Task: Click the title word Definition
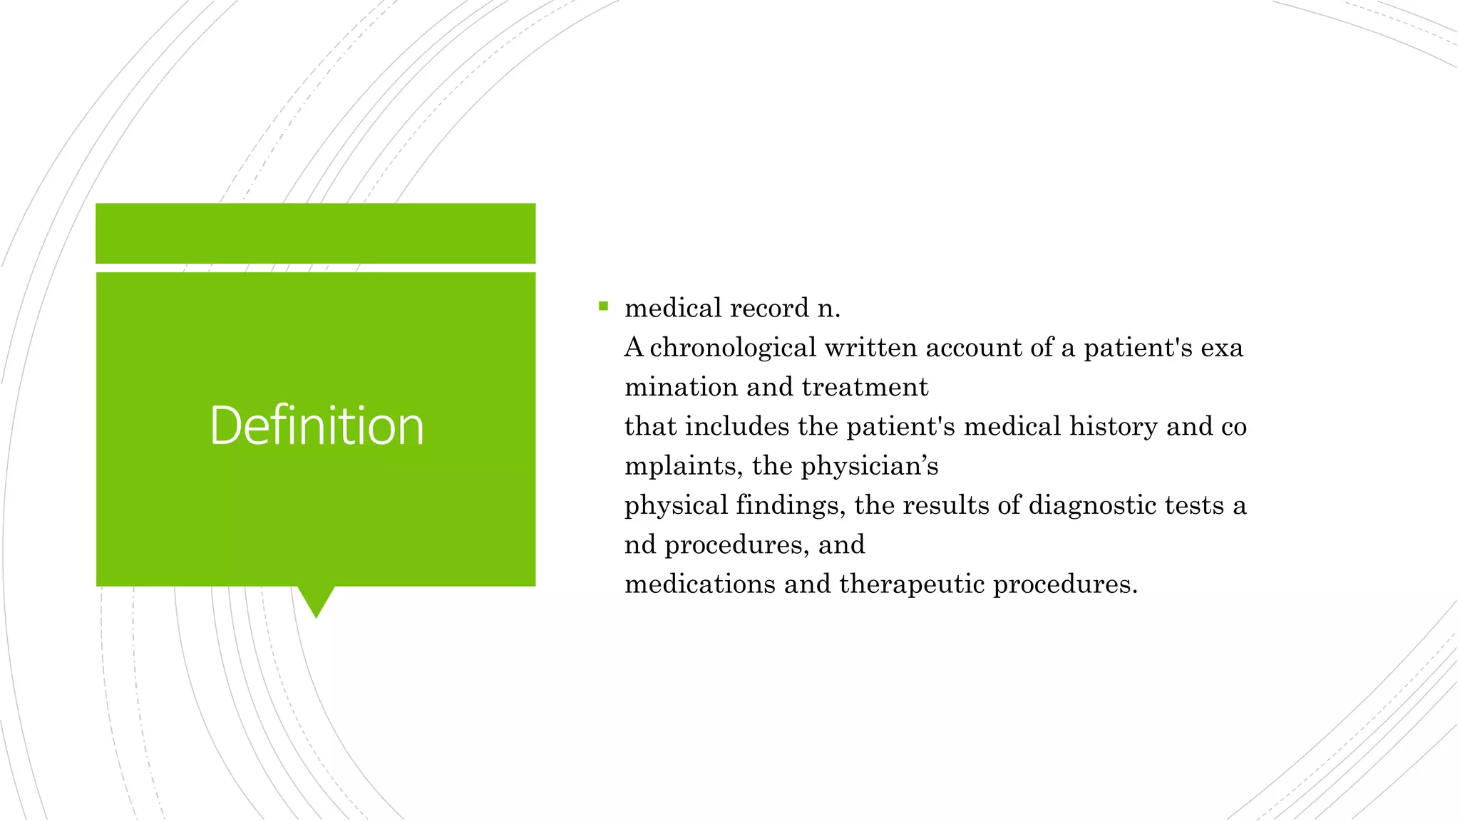317,425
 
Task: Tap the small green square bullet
604,306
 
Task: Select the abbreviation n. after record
828,309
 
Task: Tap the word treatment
865,387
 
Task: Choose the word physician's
869,466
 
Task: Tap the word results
946,505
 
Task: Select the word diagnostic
1091,505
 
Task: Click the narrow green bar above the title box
315,233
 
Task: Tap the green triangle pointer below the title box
316,600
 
